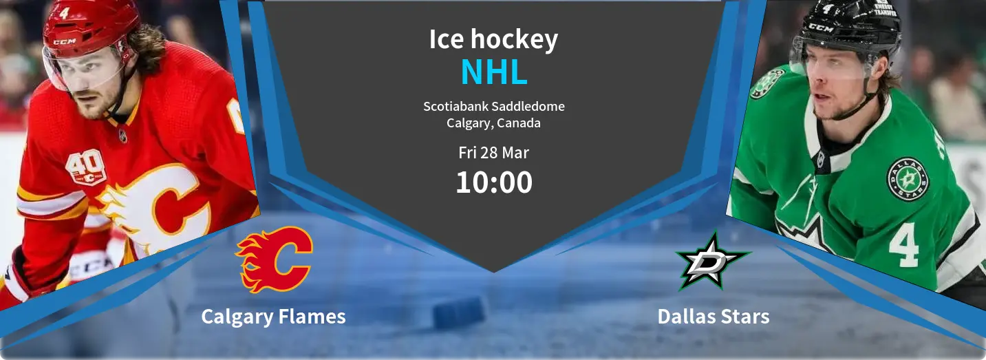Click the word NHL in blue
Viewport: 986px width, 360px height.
494,72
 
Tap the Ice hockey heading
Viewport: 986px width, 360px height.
493,40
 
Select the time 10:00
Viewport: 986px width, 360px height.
494,182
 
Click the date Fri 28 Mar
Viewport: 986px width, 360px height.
493,153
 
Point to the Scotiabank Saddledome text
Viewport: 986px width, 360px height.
494,106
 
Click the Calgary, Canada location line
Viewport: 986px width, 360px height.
493,123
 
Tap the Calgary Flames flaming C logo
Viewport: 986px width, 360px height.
274,260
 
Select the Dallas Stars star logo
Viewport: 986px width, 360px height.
713,261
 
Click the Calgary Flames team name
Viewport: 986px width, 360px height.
273,317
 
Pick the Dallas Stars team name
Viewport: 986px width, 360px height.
714,317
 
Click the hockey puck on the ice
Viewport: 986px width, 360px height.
459,313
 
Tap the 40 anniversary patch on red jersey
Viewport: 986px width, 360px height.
86,167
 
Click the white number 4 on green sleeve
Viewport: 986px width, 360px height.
903,244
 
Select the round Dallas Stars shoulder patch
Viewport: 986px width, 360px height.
908,180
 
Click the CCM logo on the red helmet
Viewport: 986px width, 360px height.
65,42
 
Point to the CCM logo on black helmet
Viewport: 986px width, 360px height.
821,28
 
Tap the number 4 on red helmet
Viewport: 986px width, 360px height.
64,13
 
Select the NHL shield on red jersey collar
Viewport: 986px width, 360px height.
123,136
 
